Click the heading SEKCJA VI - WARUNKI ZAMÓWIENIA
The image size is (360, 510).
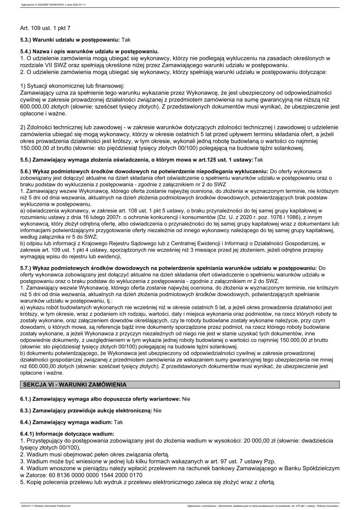[75, 385]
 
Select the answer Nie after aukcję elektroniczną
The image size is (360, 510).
[158, 411]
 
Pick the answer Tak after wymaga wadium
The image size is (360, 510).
[118, 422]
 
